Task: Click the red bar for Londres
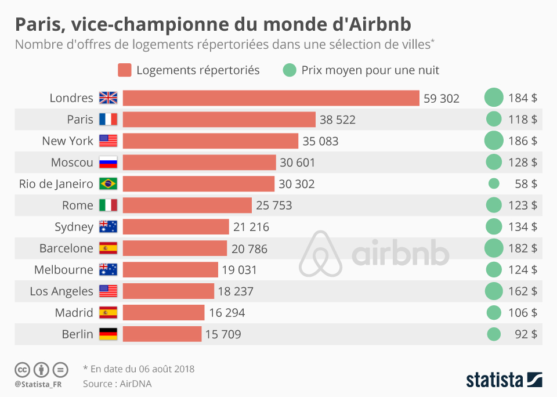271,98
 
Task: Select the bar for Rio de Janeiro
198,184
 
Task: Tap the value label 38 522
337,120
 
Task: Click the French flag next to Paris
108,120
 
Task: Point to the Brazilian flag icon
108,184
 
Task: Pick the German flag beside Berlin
108,334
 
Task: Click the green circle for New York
494,141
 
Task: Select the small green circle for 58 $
494,184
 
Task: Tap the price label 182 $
522,248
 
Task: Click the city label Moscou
72,163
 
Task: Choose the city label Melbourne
63,270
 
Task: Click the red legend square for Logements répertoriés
125,70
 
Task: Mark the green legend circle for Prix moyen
289,70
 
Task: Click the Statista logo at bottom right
504,380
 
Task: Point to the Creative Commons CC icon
23,369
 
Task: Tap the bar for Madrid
164,313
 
